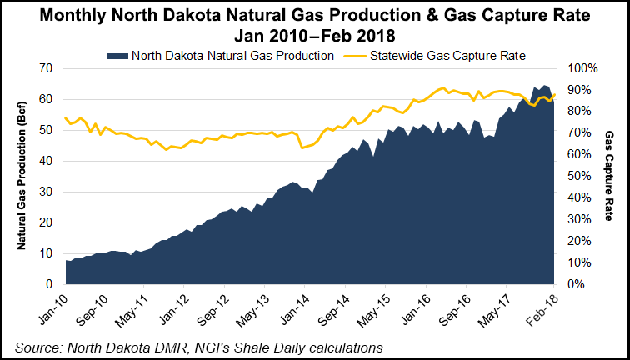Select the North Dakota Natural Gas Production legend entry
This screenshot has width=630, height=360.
click(x=228, y=54)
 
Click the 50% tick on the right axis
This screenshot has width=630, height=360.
click(x=581, y=176)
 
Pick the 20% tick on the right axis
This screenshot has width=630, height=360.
click(x=581, y=241)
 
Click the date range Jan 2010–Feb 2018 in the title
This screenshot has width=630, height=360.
click(x=314, y=36)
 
